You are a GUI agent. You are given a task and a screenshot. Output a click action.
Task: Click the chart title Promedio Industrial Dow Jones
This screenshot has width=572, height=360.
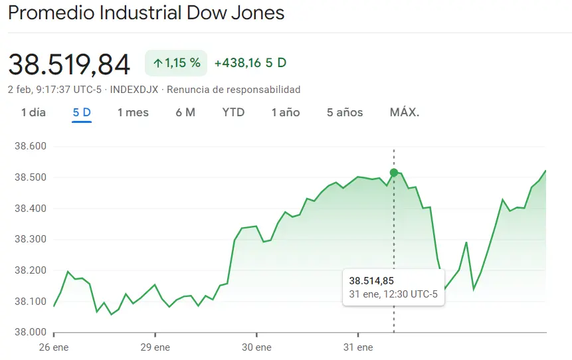coord(146,13)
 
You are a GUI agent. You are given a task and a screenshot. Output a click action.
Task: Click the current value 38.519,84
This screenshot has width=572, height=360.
coord(69,64)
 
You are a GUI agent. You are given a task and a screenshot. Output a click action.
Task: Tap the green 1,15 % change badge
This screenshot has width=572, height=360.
coord(176,63)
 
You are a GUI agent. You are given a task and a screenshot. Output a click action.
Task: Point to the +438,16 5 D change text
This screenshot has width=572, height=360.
coord(250,63)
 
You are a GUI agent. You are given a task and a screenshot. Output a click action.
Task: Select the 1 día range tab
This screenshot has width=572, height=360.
coord(33,112)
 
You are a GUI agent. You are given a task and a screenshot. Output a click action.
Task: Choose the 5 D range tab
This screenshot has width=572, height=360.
coord(82,112)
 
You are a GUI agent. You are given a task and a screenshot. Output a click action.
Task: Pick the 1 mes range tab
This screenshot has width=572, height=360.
coord(133,112)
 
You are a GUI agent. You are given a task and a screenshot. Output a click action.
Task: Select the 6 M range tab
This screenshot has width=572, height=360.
coord(185,112)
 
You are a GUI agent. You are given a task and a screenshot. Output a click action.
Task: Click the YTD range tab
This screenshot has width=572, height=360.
coord(233,112)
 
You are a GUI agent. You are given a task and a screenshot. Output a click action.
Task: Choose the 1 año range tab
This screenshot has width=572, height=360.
coord(286,112)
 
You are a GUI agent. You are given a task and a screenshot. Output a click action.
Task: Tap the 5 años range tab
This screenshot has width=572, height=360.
coord(345,112)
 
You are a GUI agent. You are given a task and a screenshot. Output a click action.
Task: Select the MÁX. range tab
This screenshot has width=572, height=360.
coord(405,112)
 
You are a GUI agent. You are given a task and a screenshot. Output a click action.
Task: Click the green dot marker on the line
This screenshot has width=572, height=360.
coord(394,173)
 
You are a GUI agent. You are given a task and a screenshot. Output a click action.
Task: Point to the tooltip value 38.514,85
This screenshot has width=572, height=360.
coord(371,281)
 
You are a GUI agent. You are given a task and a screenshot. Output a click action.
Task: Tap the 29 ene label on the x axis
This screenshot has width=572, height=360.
coord(155,347)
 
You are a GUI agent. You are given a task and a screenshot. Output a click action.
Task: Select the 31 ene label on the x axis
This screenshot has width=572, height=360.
coord(358,347)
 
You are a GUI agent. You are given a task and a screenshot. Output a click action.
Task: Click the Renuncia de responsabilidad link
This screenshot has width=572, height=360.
coord(233,90)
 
